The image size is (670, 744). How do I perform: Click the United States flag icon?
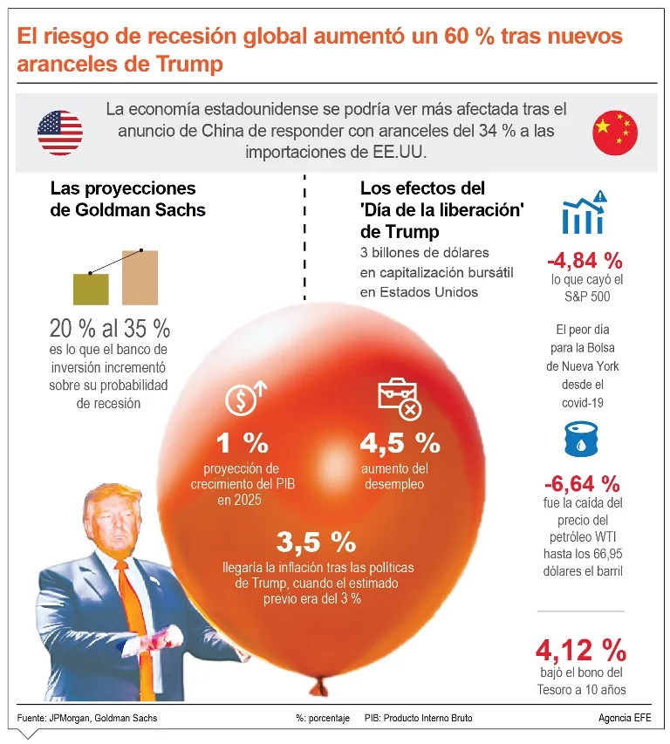[x=60, y=133]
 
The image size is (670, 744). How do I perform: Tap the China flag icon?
[x=615, y=133]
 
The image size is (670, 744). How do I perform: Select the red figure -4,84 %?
[x=585, y=260]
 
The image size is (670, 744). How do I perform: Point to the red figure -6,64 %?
[x=583, y=483]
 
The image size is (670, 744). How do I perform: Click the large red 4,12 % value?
[x=581, y=650]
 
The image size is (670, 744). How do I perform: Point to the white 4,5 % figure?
[x=400, y=441]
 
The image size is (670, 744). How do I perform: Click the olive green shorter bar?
[x=91, y=289]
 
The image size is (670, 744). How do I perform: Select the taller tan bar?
[x=140, y=277]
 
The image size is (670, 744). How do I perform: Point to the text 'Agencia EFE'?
[x=624, y=718]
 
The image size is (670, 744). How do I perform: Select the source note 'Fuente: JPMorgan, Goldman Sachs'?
[x=87, y=718]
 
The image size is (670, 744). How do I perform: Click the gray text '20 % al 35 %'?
[x=110, y=329]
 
